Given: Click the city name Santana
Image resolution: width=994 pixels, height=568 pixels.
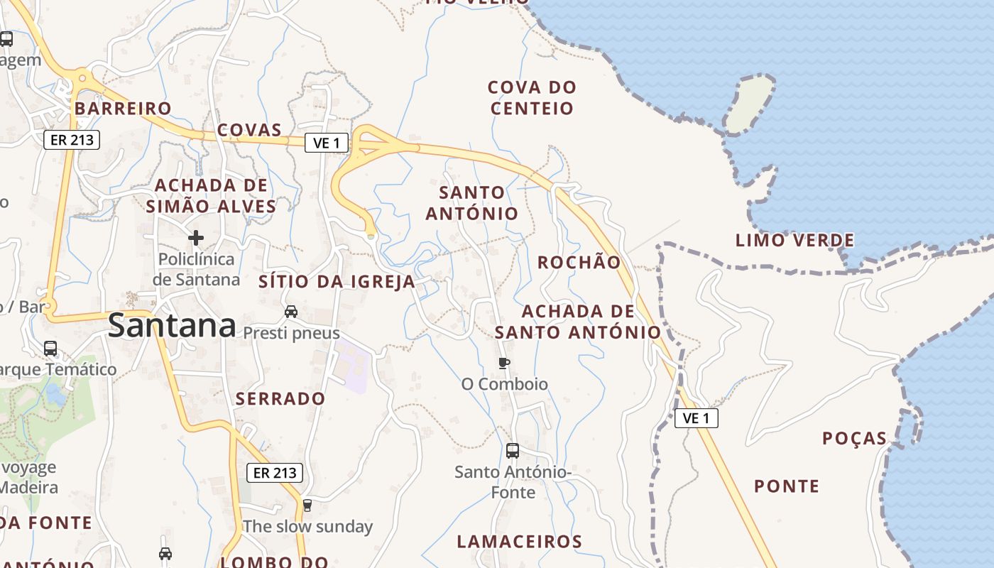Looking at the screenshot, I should [x=172, y=326].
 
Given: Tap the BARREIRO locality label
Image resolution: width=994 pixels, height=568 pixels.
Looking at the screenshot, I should [x=123, y=108].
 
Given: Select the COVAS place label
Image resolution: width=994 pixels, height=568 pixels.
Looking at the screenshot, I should [x=249, y=130].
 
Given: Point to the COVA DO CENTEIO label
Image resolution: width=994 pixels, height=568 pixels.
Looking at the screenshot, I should [x=532, y=98].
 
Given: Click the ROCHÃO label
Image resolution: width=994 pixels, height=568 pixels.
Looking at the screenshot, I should [x=579, y=262].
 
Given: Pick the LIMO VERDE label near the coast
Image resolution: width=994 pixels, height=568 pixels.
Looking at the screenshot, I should [x=794, y=240].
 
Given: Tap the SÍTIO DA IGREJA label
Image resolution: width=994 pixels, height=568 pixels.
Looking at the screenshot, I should [x=337, y=281].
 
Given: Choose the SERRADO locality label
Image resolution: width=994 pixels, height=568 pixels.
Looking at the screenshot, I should [x=280, y=398].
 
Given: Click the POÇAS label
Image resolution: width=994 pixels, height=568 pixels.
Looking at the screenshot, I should [x=854, y=438].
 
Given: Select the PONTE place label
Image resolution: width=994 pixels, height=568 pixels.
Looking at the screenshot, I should [x=787, y=486].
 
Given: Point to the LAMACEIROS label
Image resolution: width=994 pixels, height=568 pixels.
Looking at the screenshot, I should [x=519, y=542].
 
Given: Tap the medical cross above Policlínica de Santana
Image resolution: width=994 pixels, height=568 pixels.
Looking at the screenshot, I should [x=196, y=237].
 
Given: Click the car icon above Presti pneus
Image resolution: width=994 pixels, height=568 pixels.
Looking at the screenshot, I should [x=291, y=311].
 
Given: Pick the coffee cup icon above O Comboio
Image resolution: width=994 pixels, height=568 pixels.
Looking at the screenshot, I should [x=504, y=364].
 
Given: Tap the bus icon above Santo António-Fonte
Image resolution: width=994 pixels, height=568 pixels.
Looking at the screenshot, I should [x=513, y=450].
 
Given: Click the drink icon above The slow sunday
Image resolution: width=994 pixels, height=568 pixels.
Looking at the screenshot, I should [x=307, y=506].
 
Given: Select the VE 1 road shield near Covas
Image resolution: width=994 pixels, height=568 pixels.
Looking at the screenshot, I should [x=327, y=143].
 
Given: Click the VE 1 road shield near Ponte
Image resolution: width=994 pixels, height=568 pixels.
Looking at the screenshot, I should [x=696, y=418].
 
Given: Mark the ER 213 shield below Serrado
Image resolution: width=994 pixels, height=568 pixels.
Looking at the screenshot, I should [x=275, y=472].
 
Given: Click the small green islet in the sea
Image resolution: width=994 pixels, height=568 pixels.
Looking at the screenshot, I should [x=749, y=104].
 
